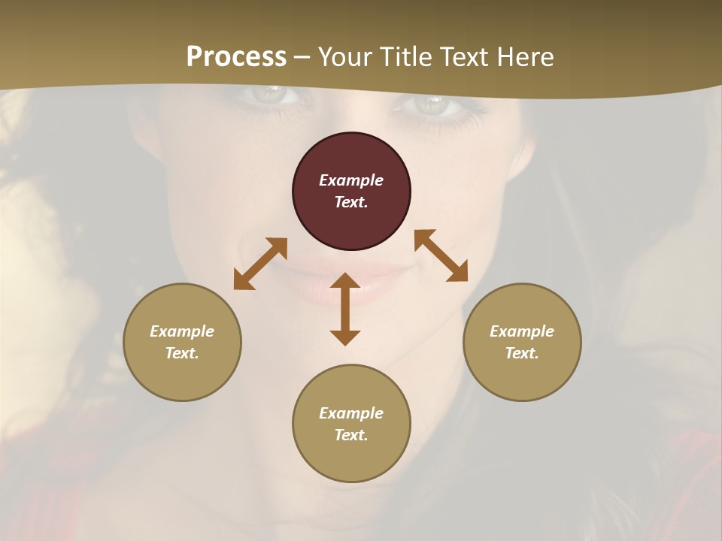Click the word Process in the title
[x=236, y=57]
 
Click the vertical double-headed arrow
[x=345, y=309]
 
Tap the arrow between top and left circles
[x=260, y=264]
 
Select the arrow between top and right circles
[x=441, y=255]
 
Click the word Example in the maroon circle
[x=351, y=180]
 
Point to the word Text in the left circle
[x=182, y=353]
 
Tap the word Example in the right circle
[x=522, y=331]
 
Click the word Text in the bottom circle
[x=351, y=435]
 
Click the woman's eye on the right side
[x=430, y=104]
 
